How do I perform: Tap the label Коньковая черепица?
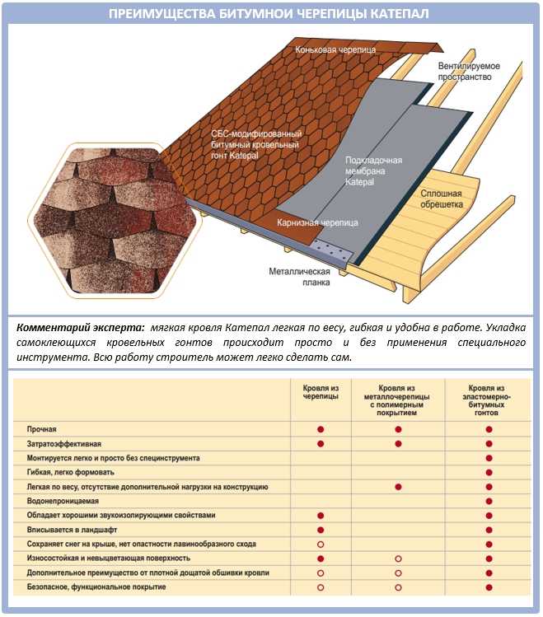335,49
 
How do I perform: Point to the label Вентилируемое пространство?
469,71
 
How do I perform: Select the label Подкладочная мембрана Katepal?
373,171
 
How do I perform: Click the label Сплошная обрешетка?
441,199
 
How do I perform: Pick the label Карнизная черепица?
317,222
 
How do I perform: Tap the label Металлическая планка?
299,277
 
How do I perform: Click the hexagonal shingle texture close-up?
114,221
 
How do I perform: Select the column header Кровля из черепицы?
321,392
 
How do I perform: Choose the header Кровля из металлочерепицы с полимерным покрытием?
396,400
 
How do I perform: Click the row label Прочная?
42,429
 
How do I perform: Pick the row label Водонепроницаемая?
63,501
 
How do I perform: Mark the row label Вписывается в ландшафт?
72,530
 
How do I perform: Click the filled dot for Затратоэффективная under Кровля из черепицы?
321,444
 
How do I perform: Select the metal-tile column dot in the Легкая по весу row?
398,487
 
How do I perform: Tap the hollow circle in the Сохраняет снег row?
321,545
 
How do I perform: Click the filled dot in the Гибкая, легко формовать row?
489,472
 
